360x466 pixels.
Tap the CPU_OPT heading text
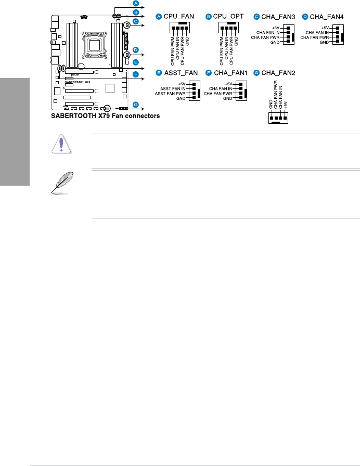(227, 17)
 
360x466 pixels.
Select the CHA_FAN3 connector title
(276, 17)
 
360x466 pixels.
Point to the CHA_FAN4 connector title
(326, 17)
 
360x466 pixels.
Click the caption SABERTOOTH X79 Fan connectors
(105, 116)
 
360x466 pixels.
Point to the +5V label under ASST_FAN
(182, 83)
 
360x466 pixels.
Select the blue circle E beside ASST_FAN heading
(159, 73)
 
